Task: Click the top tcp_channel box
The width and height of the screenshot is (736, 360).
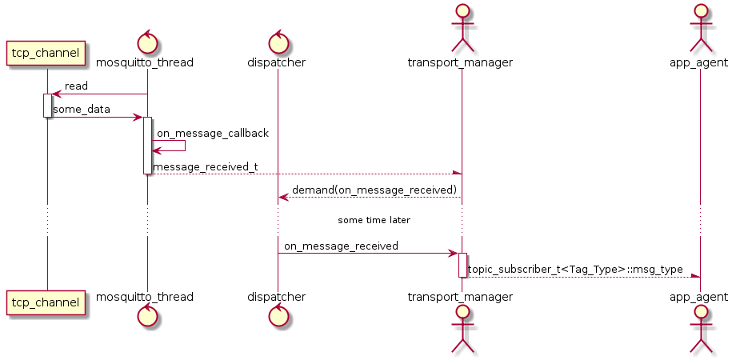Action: (x=46, y=54)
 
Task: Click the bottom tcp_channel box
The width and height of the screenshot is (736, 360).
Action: (x=46, y=302)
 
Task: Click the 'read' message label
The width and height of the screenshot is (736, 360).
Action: (x=76, y=86)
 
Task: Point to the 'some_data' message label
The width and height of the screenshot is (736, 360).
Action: (x=82, y=109)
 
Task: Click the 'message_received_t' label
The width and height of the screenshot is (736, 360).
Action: (x=205, y=166)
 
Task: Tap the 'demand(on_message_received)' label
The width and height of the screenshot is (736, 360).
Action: (x=374, y=190)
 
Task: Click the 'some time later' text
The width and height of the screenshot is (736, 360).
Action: (x=374, y=219)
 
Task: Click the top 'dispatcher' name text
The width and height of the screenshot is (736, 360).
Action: (x=278, y=62)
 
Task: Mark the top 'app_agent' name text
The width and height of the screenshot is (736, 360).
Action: (x=700, y=62)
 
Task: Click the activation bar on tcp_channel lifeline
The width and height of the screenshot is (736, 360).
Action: (x=46, y=106)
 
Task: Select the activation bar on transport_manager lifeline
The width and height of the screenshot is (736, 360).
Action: (x=462, y=265)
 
